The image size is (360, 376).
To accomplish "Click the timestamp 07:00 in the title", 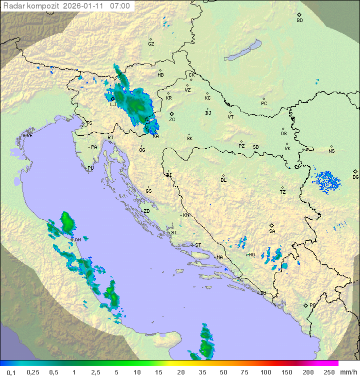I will pyautogui.click(x=120, y=6).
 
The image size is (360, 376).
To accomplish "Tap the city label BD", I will pyautogui.click(x=299, y=21).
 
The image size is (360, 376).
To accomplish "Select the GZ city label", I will pyautogui.click(x=151, y=44).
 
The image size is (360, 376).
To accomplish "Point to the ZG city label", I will pyautogui.click(x=172, y=120).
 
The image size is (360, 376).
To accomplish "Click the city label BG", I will pyautogui.click(x=355, y=177).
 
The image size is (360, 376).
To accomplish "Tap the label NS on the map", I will pyautogui.click(x=331, y=151).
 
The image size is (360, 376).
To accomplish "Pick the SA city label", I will pyautogui.click(x=272, y=231).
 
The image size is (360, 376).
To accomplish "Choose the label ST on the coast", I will pyautogui.click(x=198, y=245).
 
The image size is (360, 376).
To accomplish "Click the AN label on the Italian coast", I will pyautogui.click(x=77, y=240).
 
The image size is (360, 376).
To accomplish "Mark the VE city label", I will pyautogui.click(x=29, y=136).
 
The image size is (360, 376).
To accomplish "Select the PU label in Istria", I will pyautogui.click(x=90, y=168).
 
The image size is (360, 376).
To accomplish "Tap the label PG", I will pyautogui.click(x=312, y=305).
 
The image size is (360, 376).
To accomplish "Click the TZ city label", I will pyautogui.click(x=282, y=192).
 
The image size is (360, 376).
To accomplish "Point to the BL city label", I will pyautogui.click(x=223, y=180).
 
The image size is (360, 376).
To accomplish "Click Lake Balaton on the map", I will pyautogui.click(x=242, y=51).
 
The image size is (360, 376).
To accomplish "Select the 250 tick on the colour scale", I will pyautogui.click(x=328, y=372).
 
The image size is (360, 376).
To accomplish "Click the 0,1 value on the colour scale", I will pyautogui.click(x=11, y=372).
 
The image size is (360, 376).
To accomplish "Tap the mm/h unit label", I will pyautogui.click(x=347, y=372).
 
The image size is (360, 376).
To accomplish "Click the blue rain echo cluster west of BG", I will pyautogui.click(x=326, y=181).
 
